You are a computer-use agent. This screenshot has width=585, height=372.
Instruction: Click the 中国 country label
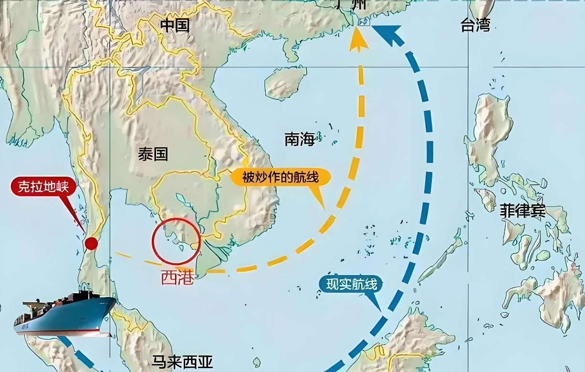175,25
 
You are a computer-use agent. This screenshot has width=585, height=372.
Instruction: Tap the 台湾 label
475,25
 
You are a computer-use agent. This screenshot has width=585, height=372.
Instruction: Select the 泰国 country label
153,154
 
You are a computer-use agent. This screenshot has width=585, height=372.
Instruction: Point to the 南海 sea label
299,139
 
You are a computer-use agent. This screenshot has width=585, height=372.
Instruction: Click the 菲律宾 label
522,211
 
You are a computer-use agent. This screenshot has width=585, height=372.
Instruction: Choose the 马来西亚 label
182,362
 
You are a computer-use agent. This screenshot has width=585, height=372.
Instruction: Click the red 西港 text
177,277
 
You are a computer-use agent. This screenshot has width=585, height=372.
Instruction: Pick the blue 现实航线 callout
351,285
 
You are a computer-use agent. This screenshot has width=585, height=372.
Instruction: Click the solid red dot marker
91,244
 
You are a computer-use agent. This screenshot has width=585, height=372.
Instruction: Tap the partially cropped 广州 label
351,5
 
